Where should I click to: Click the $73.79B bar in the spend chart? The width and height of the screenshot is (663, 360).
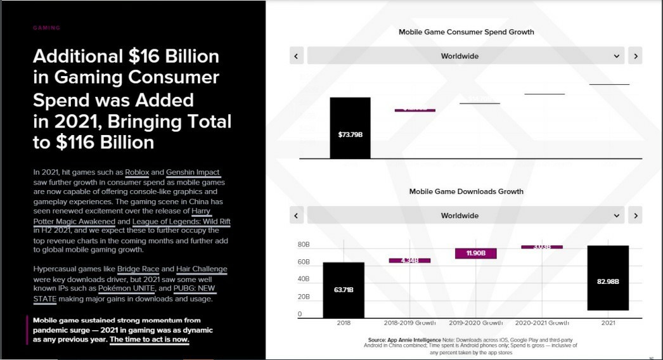[x=350, y=127]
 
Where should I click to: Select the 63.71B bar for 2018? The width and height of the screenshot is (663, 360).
[x=343, y=290]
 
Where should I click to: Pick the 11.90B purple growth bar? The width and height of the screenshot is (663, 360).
[x=475, y=254]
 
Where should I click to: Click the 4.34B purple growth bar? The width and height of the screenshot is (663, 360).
[x=409, y=260]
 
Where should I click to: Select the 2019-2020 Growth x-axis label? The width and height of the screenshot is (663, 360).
[x=475, y=323]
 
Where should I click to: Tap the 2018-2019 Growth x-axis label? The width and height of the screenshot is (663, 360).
[x=409, y=323]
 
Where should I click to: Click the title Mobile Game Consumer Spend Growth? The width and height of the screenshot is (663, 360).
[x=466, y=32]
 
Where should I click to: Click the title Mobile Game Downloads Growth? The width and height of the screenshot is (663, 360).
[x=466, y=191]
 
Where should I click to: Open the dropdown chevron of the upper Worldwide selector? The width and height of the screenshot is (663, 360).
[x=617, y=56]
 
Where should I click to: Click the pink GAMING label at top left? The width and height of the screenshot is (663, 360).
[x=46, y=28]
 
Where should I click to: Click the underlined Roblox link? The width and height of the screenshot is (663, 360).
[x=137, y=172]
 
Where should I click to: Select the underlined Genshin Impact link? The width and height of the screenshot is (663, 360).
[x=193, y=172]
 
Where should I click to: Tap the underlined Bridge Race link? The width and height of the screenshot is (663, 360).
[x=139, y=269]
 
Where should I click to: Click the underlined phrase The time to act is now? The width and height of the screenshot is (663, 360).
[x=150, y=339]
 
